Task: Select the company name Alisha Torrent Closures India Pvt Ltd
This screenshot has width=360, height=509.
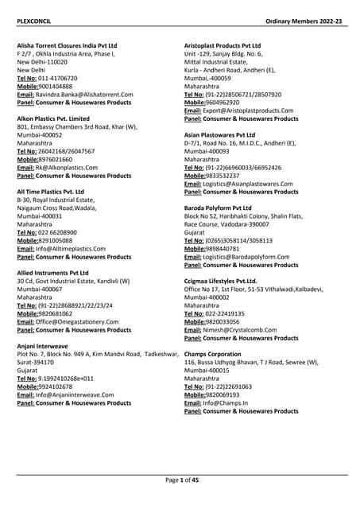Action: click(67, 47)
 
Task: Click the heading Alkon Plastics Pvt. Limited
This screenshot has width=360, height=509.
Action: click(55, 118)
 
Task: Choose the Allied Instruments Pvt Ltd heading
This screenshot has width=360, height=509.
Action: click(52, 273)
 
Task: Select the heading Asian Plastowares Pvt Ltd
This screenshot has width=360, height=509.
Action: click(225, 135)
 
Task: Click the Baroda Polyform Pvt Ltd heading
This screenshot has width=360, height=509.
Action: click(223, 208)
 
